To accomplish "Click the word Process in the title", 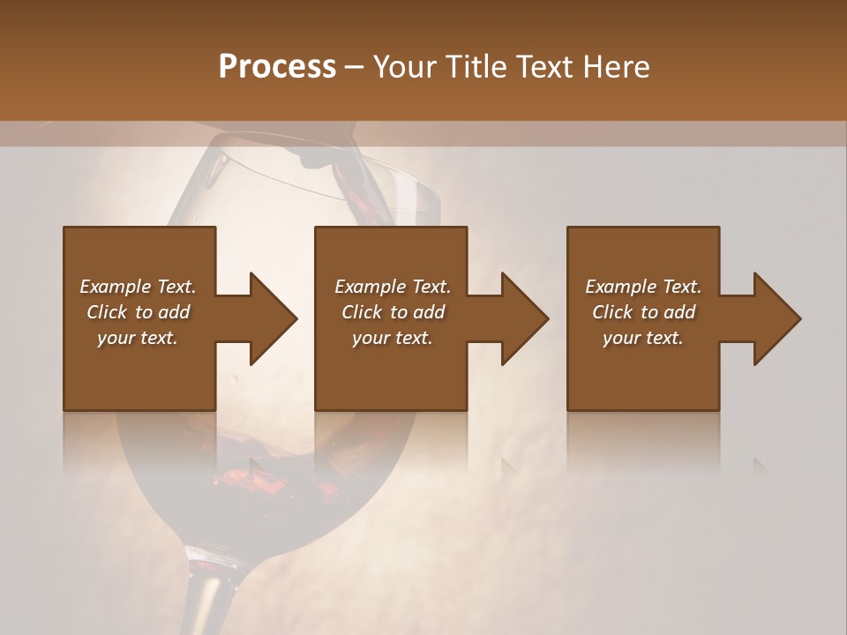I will [x=277, y=67].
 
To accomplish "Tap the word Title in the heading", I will [x=474, y=67].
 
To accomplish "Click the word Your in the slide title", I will [x=403, y=67].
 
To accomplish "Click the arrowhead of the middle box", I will [x=524, y=318].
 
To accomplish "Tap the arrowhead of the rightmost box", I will [x=776, y=318].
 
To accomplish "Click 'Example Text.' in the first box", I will [x=138, y=287].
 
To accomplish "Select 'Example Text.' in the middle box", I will [x=393, y=287].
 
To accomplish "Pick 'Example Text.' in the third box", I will [x=643, y=287].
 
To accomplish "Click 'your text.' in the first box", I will [x=138, y=338].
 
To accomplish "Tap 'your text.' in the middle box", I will [x=393, y=338].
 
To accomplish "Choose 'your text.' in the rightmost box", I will [x=643, y=338].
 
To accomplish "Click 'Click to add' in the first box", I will [x=138, y=312].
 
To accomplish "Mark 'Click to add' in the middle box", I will [x=393, y=312].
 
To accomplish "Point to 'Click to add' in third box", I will [x=643, y=312].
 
